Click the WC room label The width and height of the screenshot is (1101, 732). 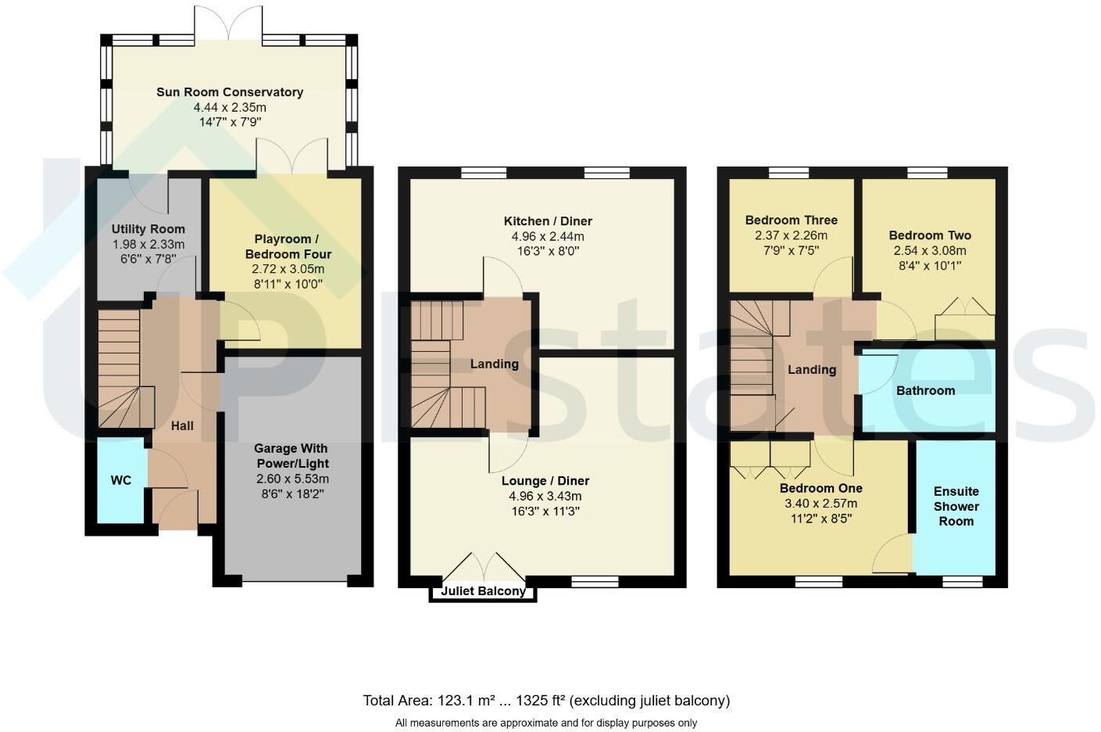point(120,480)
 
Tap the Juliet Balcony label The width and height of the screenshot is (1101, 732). point(483,591)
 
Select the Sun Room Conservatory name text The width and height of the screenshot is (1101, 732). point(230,92)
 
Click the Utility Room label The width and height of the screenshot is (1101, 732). point(148,229)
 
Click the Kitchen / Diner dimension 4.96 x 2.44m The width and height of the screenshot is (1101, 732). point(547,236)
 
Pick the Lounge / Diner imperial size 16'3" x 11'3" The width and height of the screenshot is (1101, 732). point(545,511)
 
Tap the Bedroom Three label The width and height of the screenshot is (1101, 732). point(791,221)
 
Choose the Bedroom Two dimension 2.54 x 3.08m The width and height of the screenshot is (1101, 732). point(929,251)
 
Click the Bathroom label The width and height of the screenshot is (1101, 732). point(925,391)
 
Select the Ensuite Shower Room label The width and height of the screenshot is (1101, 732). point(956,506)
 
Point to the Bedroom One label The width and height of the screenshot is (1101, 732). point(820,489)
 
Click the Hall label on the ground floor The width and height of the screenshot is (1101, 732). point(182,426)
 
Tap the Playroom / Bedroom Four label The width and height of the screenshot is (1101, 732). point(288,246)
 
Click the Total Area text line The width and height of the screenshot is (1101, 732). point(545,701)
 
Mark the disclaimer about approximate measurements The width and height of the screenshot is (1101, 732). point(545,723)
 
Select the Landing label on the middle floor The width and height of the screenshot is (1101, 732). point(494,364)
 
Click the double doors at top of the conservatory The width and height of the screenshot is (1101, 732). point(228,23)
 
